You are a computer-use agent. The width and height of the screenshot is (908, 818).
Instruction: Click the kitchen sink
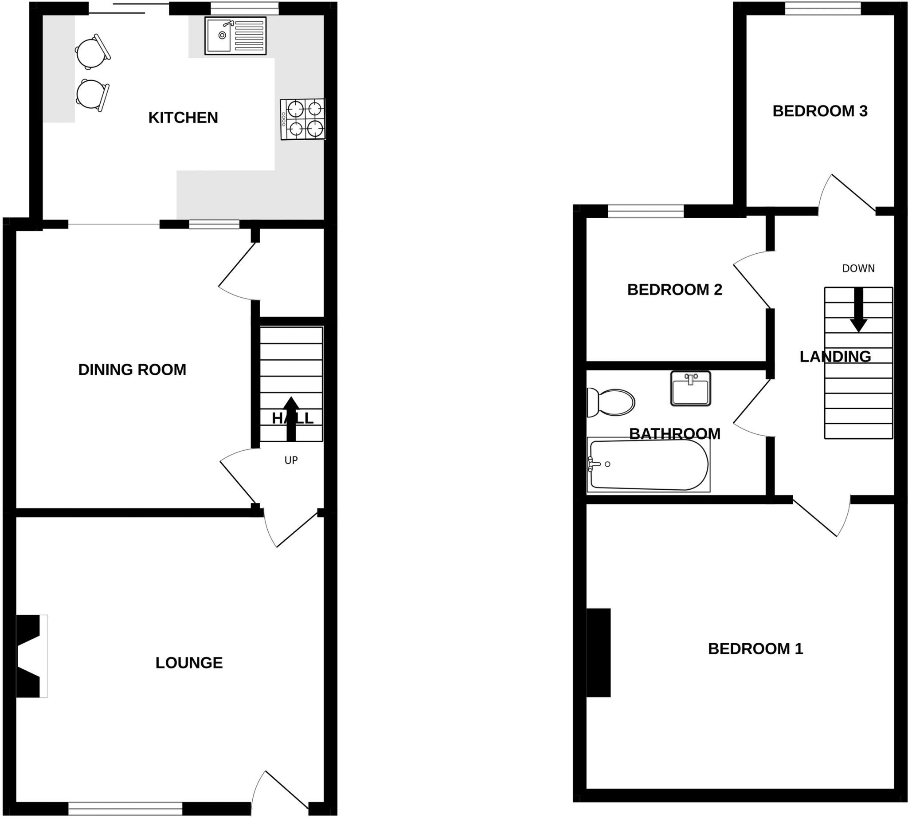[235, 35]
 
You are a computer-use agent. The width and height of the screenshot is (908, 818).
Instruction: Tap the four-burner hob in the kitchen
[303, 119]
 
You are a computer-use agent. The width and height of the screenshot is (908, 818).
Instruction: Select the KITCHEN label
[183, 118]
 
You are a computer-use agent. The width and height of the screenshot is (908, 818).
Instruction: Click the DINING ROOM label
[132, 370]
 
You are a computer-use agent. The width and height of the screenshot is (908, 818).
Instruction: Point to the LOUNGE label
[189, 663]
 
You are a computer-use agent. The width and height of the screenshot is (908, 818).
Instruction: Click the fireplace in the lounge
[31, 656]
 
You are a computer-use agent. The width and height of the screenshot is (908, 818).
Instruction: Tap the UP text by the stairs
[291, 460]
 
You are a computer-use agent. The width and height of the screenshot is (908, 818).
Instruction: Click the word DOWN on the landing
[858, 269]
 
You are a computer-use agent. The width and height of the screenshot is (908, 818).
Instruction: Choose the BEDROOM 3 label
[819, 111]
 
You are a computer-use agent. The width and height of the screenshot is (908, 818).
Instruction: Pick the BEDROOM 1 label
[755, 649]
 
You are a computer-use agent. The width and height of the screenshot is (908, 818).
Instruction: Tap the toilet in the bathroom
[611, 402]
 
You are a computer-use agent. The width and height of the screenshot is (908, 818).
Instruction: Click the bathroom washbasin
[691, 388]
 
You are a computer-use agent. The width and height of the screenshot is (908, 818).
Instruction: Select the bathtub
[648, 465]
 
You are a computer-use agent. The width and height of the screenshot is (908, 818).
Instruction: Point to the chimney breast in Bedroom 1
[599, 653]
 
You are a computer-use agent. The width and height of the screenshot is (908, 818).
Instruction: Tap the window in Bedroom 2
[646, 211]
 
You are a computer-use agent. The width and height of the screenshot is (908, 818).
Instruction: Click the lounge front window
[125, 809]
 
